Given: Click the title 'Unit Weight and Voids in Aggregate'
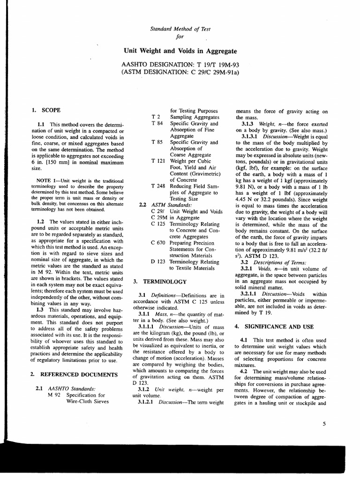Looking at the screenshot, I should tap(180, 51).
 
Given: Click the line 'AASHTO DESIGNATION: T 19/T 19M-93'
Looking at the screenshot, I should tap(180, 65).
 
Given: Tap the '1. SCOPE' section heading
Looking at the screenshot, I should tap(46, 110).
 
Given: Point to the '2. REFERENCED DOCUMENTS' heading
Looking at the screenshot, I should tap(74, 375).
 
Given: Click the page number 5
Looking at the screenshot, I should tap(324, 424).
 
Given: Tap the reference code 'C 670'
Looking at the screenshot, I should tap(158, 242).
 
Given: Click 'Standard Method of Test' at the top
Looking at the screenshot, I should tap(180, 29).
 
